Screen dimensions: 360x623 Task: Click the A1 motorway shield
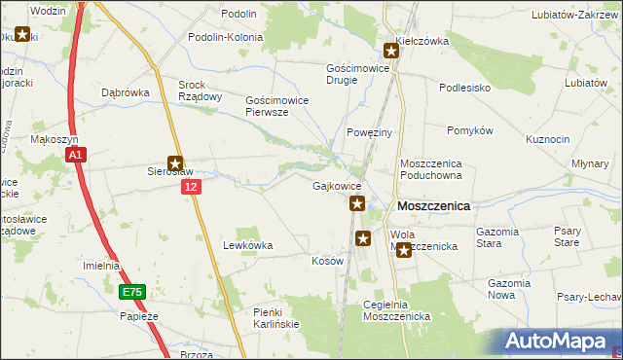tap(78, 154)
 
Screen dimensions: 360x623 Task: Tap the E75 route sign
tap(132, 292)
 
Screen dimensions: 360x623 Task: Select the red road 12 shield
tap(191, 186)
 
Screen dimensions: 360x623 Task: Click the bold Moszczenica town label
tap(433, 206)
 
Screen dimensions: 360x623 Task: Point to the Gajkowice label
tap(338, 186)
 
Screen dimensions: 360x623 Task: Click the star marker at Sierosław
tap(176, 164)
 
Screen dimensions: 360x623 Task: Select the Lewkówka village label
tap(247, 245)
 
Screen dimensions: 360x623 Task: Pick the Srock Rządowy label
tap(201, 90)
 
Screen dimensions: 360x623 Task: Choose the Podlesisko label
tap(464, 88)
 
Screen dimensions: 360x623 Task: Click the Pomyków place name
tap(471, 130)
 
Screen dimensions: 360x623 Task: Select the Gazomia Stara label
tap(502, 237)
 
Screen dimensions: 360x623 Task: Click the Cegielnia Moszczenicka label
tap(396, 310)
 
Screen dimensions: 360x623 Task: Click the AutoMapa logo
tap(561, 342)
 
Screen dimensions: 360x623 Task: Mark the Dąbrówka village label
tap(124, 92)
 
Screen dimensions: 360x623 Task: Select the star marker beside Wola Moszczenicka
tap(404, 251)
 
